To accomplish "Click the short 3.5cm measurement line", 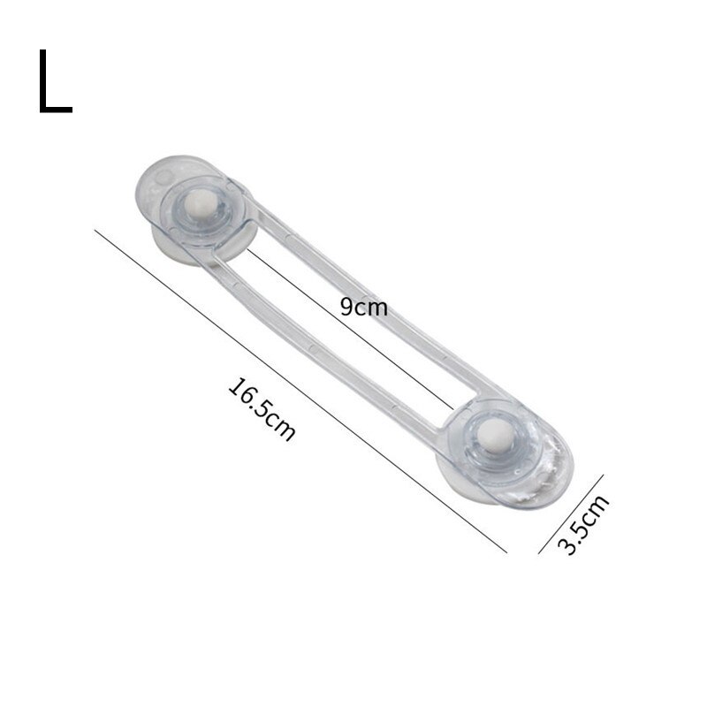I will tap(571, 513).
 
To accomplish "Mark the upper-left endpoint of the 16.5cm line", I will tap(95, 231).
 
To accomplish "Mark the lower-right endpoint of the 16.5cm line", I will tap(506, 552).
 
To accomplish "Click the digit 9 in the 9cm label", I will tap(347, 307).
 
